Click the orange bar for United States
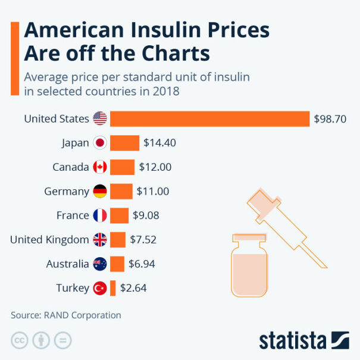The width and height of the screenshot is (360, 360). click(209, 118)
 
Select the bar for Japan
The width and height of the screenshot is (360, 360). click(124, 143)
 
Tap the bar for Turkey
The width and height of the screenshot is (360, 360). click(112, 288)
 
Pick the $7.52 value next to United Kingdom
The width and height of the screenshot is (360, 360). click(143, 240)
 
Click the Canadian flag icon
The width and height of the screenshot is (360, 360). click(100, 167)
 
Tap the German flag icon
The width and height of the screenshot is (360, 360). click(100, 191)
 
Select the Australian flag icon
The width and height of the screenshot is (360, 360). click(100, 264)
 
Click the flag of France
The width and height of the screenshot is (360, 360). click(100, 215)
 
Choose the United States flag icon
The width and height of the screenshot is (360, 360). click(100, 118)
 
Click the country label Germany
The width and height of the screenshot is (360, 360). click(67, 191)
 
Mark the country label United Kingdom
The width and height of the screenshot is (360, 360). click(50, 240)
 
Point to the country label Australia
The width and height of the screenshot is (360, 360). click(67, 264)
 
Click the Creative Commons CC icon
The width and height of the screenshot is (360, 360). click(20, 341)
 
